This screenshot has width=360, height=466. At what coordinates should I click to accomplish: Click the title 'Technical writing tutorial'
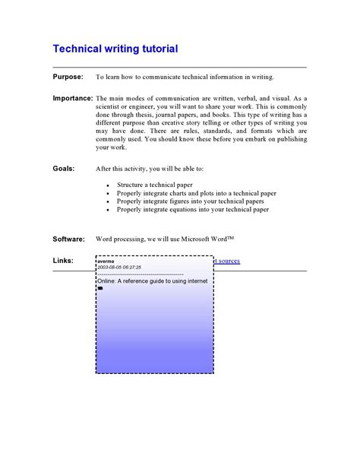115,49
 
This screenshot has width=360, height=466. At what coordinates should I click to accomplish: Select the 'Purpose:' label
68,78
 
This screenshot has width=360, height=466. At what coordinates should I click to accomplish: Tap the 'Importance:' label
73,99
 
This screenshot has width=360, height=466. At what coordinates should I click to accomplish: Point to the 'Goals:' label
64,168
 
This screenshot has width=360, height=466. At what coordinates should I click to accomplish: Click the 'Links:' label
63,261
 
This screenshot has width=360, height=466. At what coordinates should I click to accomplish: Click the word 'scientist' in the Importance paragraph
112,109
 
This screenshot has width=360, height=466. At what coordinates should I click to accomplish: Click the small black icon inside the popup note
100,288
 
